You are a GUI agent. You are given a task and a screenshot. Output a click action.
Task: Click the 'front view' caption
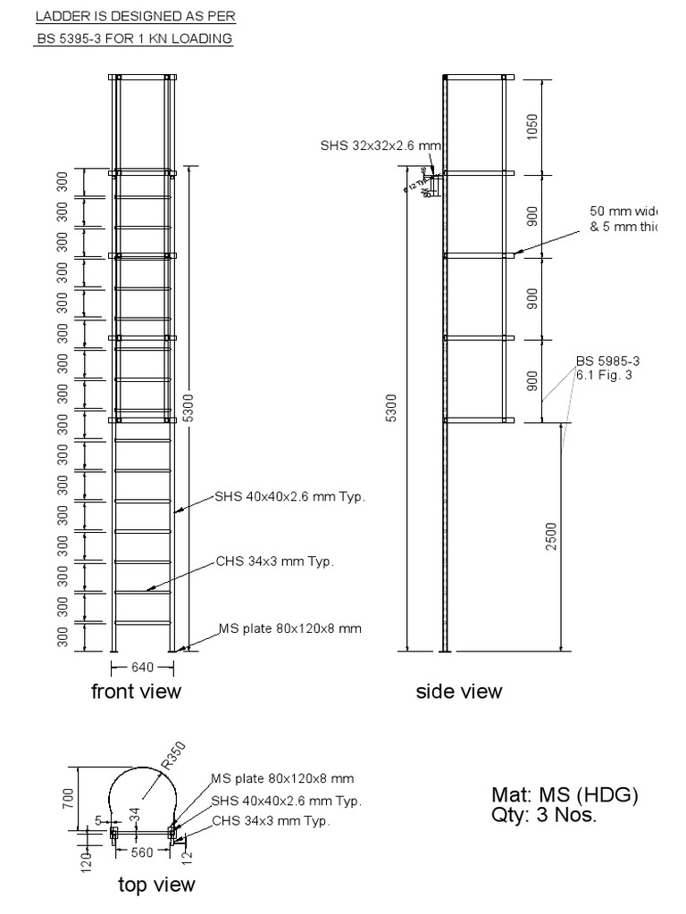click(136, 691)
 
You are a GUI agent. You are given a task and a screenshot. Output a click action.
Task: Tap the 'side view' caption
click(459, 691)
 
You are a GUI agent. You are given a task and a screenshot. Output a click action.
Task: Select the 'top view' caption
click(156, 885)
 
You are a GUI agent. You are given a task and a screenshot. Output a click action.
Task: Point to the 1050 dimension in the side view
click(532, 127)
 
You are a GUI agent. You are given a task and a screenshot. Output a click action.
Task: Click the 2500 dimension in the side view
click(551, 536)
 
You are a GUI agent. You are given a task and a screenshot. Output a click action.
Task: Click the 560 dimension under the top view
click(142, 852)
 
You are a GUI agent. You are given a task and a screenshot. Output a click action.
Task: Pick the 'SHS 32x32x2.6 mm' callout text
click(381, 145)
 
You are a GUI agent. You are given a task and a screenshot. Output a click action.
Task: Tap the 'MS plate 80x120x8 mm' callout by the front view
click(290, 628)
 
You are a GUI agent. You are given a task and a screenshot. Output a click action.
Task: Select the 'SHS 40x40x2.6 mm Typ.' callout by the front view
click(290, 496)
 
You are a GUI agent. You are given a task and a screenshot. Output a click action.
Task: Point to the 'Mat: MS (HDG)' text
click(565, 794)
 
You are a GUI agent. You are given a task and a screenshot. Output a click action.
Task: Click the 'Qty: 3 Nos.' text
click(543, 814)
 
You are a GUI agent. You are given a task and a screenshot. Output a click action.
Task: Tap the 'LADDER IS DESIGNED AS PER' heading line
click(136, 17)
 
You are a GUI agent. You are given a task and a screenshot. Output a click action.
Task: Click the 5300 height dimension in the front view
click(187, 407)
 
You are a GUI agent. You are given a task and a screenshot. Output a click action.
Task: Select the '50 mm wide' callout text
click(623, 212)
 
